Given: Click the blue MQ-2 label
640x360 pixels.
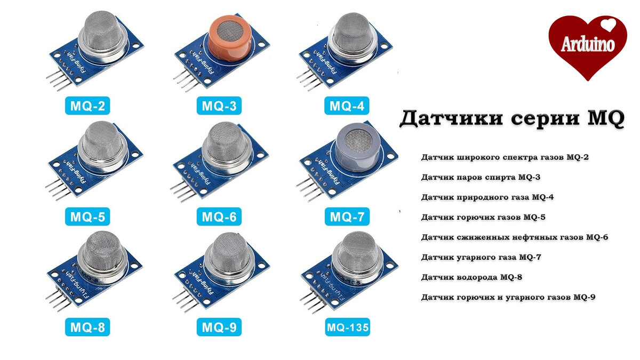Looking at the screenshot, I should (88, 106).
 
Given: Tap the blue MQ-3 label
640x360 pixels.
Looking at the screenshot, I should (219, 106).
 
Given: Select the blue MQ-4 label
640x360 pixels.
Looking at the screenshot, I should (347, 106).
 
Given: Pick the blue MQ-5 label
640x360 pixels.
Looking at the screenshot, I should (88, 217).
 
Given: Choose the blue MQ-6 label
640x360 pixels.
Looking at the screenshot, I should (219, 217).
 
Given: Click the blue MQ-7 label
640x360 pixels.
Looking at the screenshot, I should (347, 217).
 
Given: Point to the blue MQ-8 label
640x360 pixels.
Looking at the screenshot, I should (88, 326).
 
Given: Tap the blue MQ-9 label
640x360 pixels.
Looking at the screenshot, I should (219, 326).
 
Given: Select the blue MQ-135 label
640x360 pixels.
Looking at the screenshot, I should (347, 326).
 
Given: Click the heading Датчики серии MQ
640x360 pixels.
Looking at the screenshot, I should (511, 118).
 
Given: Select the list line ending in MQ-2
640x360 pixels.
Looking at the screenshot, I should (505, 157).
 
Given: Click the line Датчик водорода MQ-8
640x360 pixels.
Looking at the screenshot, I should (474, 277).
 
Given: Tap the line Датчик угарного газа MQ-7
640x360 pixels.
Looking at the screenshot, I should (481, 257).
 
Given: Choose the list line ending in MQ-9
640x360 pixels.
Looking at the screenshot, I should (508, 297).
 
